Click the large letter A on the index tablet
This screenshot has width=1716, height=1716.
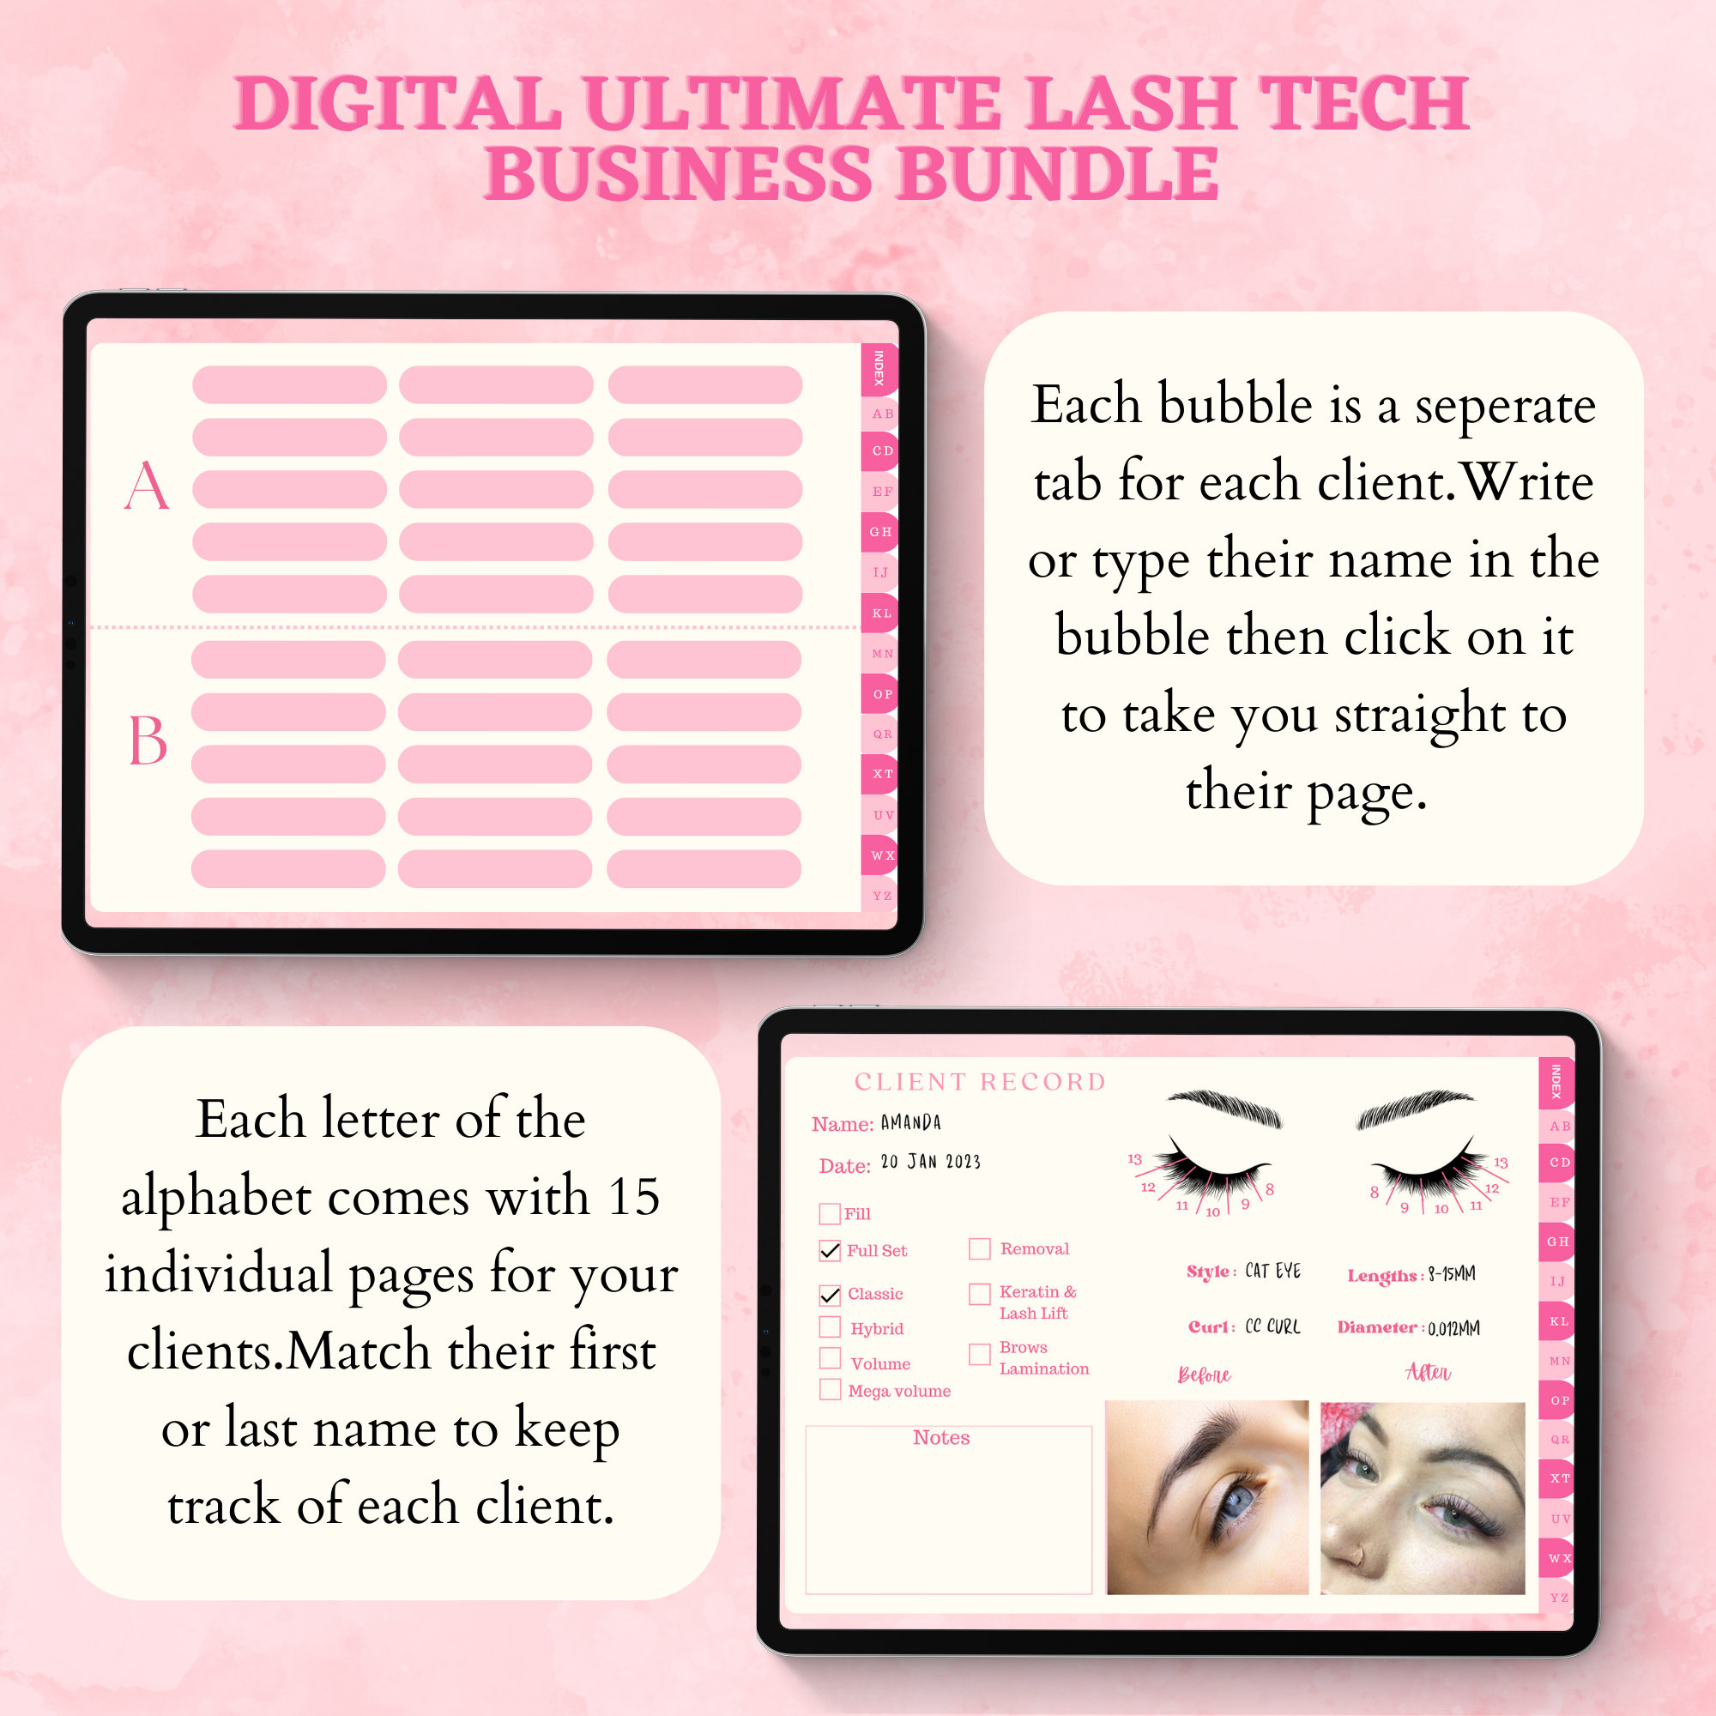click(x=147, y=486)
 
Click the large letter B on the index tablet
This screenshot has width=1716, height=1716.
click(x=148, y=740)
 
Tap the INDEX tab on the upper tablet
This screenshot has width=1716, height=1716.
click(x=879, y=369)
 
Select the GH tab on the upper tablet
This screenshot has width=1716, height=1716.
click(x=880, y=532)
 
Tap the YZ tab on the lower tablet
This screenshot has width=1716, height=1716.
click(x=1559, y=1597)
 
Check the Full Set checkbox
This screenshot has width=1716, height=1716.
click(x=830, y=1251)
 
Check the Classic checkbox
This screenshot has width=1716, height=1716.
click(x=830, y=1295)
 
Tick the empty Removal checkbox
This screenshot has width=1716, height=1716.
click(x=979, y=1248)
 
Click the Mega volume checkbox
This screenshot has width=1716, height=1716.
click(x=830, y=1390)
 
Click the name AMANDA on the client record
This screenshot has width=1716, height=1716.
click(x=910, y=1122)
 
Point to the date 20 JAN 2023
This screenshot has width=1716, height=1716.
click(x=930, y=1162)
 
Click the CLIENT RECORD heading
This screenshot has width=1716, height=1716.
click(x=980, y=1082)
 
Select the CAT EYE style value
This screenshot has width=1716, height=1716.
click(x=1272, y=1271)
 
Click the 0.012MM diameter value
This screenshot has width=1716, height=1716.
click(x=1453, y=1329)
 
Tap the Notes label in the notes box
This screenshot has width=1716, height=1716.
click(x=940, y=1437)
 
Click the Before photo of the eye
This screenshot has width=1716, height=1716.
click(x=1206, y=1496)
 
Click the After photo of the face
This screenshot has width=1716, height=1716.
click(x=1422, y=1496)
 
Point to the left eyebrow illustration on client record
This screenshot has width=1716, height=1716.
click(x=1224, y=1109)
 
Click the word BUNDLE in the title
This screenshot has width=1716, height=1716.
click(x=1057, y=173)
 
